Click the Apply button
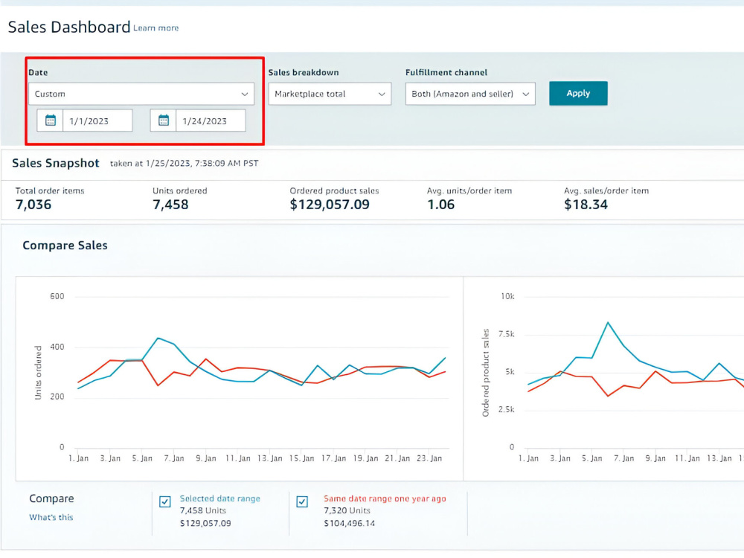(x=578, y=93)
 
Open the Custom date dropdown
(x=141, y=94)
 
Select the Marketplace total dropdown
(x=330, y=94)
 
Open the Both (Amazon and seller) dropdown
(x=470, y=94)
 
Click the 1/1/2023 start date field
(x=97, y=121)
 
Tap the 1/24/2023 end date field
(x=211, y=121)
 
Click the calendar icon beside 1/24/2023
(x=163, y=121)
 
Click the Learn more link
(x=155, y=28)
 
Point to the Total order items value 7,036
(x=33, y=205)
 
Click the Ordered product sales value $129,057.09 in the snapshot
(x=330, y=205)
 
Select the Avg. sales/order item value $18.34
(x=586, y=205)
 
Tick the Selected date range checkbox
(x=164, y=501)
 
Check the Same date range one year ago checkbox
(x=302, y=501)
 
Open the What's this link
(x=51, y=517)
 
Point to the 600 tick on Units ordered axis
(x=57, y=297)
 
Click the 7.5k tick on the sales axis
(x=506, y=334)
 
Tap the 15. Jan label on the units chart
(x=302, y=458)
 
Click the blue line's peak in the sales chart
(x=608, y=323)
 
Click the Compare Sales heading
(x=65, y=246)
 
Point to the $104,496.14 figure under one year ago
(x=349, y=523)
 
